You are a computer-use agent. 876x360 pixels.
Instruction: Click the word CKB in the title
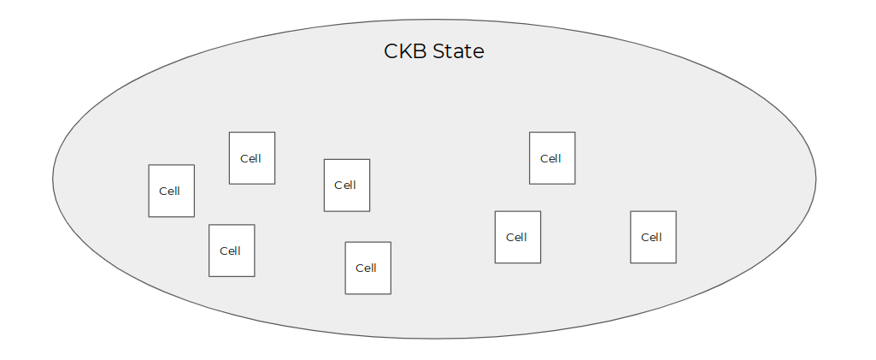pyautogui.click(x=406, y=51)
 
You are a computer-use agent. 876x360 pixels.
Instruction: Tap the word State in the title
pyautogui.click(x=459, y=51)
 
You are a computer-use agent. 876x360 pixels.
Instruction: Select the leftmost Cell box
pyautogui.click(x=172, y=191)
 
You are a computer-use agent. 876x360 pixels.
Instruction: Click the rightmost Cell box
pyautogui.click(x=653, y=237)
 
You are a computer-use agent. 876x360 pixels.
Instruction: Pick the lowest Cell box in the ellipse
pyautogui.click(x=368, y=268)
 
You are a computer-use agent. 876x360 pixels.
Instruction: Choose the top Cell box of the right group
pyautogui.click(x=552, y=158)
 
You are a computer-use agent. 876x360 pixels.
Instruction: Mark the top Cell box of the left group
pyautogui.click(x=252, y=158)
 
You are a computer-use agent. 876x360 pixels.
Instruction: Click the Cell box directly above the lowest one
pyautogui.click(x=347, y=185)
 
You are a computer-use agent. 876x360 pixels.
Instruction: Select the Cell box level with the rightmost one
pyautogui.click(x=518, y=237)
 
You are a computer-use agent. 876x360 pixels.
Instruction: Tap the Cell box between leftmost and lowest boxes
pyautogui.click(x=232, y=251)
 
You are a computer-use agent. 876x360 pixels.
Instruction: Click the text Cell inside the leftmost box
pyautogui.click(x=169, y=192)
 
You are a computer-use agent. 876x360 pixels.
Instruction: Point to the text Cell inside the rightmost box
pyautogui.click(x=651, y=238)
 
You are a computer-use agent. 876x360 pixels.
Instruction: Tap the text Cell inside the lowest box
pyautogui.click(x=366, y=269)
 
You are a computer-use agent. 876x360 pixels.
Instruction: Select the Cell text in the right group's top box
pyautogui.click(x=550, y=159)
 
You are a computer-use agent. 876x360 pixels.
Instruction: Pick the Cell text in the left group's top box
pyautogui.click(x=250, y=159)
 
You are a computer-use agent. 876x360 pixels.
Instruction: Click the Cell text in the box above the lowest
pyautogui.click(x=344, y=185)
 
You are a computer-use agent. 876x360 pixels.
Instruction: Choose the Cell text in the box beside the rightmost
pyautogui.click(x=516, y=238)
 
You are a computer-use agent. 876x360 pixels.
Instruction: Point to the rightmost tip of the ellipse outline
pyautogui.click(x=815, y=179)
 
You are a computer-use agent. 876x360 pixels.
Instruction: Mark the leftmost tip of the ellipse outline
pyautogui.click(x=52, y=179)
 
